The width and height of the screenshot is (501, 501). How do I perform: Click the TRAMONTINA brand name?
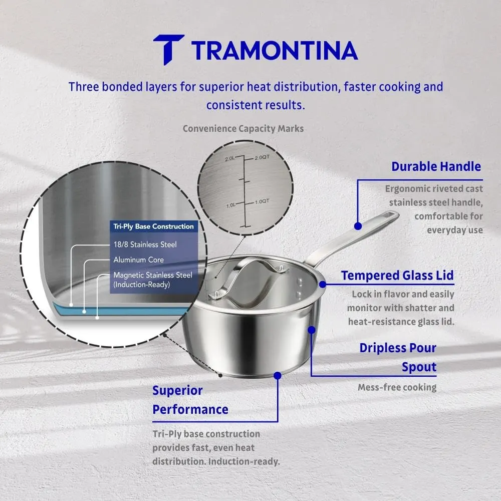tap(275, 51)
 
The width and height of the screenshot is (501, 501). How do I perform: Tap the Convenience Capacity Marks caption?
tap(243, 128)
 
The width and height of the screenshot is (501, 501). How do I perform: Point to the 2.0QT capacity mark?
tap(262, 157)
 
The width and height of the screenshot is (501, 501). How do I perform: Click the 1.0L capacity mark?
tap(230, 205)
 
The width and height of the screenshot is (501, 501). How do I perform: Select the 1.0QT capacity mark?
tap(262, 201)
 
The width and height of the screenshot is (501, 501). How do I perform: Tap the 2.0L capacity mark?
tap(230, 158)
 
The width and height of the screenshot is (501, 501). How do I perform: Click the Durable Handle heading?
tap(436, 166)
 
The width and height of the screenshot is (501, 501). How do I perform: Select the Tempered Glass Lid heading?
tap(397, 276)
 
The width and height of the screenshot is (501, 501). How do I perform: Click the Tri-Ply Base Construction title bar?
tap(154, 226)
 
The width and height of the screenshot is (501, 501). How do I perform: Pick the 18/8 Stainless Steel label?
tap(145, 244)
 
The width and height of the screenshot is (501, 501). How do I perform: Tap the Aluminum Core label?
tap(139, 260)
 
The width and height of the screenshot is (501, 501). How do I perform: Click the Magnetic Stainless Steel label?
tap(153, 275)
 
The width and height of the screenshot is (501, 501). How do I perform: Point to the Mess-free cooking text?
tap(397, 387)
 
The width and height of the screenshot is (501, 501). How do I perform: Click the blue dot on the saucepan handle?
tap(358, 226)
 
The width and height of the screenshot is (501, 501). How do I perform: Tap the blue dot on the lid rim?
tap(322, 284)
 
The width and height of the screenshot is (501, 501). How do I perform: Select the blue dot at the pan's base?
tap(278, 375)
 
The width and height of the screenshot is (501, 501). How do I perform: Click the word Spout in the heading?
tap(419, 367)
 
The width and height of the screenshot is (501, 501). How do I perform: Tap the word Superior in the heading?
tap(177, 390)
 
